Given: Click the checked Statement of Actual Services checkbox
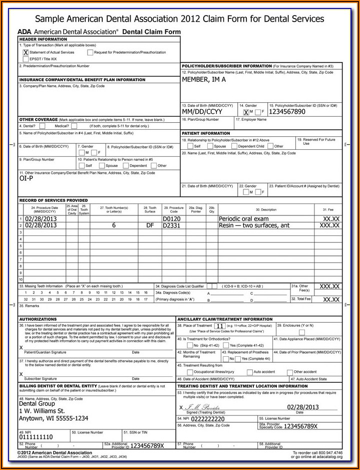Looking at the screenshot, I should (x=25, y=52).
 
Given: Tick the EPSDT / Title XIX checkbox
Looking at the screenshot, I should (x=25, y=59).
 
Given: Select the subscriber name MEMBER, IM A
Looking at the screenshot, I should (x=204, y=79).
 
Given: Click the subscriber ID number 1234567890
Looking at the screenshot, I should (x=287, y=112).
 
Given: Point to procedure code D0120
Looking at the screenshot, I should (x=171, y=219).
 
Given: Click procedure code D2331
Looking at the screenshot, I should (x=171, y=225).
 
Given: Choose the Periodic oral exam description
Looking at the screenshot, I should (x=243, y=219).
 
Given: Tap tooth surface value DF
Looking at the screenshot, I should (x=150, y=225).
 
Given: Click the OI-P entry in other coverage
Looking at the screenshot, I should (x=26, y=178).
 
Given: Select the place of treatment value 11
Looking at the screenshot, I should (x=220, y=326).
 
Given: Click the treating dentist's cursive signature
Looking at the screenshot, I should (x=202, y=407).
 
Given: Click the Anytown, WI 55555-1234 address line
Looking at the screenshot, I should (x=54, y=418).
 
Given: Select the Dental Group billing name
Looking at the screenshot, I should (x=37, y=403).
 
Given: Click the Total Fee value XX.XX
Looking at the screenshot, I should (x=331, y=299).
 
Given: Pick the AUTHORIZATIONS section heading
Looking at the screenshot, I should (x=38, y=319).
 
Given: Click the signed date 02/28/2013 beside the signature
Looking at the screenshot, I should (x=302, y=407).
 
